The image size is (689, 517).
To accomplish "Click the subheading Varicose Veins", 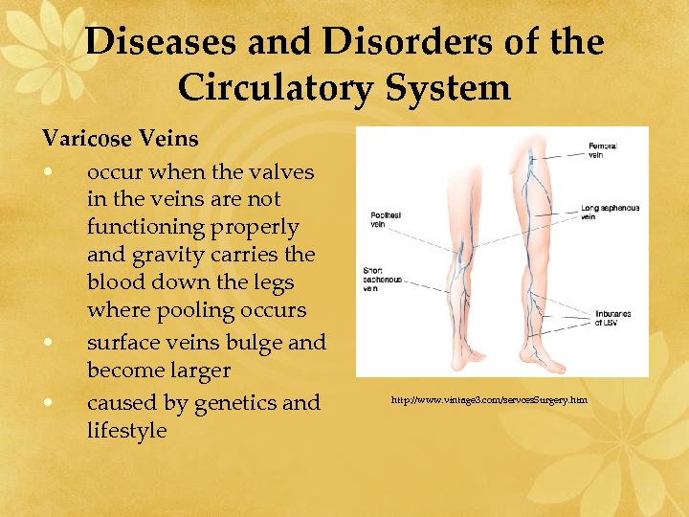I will click(121, 140).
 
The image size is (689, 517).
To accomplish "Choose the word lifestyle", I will click(126, 431).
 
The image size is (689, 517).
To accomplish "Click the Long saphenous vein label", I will click(611, 212).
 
